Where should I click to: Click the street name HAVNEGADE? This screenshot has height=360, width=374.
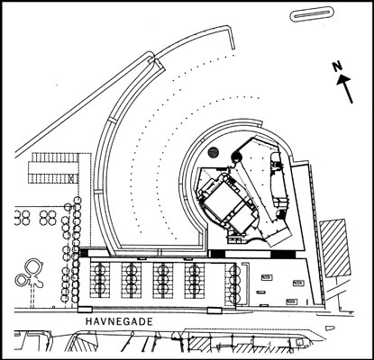(x=119, y=321)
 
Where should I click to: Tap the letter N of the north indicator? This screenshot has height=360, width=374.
(x=338, y=67)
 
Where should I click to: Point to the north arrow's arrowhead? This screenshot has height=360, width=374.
(x=343, y=80)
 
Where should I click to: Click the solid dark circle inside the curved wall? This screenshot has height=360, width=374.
(x=213, y=152)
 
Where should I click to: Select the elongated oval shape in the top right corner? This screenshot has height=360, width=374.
(x=312, y=14)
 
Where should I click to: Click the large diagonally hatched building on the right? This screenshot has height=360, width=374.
(x=335, y=248)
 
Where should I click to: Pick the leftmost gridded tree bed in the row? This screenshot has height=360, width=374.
(x=100, y=280)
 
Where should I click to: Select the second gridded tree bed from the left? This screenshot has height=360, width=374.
(x=132, y=280)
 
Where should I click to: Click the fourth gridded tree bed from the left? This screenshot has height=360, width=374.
(x=195, y=280)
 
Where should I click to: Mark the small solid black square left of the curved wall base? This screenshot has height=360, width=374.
(x=83, y=253)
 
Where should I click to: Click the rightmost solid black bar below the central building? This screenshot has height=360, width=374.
(x=283, y=254)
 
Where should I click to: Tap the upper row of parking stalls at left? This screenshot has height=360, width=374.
(x=55, y=157)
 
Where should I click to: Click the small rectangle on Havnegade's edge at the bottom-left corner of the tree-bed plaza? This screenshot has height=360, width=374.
(x=85, y=309)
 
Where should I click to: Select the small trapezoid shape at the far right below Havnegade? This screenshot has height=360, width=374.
(x=330, y=328)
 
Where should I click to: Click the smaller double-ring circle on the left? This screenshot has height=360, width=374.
(x=21, y=280)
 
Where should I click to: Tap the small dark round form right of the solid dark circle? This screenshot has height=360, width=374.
(x=235, y=155)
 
